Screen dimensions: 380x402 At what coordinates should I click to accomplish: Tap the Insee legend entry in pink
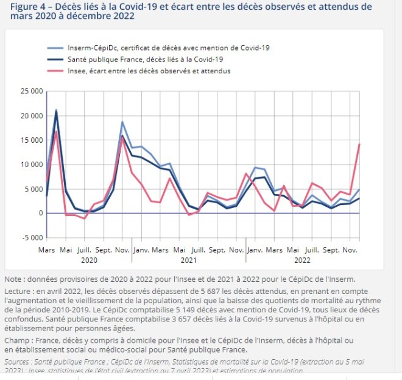pyautogui.click(x=152, y=71)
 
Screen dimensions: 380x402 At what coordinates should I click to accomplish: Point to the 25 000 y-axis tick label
pyautogui.click(x=31, y=91)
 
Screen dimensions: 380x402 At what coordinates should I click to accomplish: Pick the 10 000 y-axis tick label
pyautogui.click(x=31, y=165)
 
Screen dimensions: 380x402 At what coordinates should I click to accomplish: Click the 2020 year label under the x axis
pyautogui.click(x=89, y=260)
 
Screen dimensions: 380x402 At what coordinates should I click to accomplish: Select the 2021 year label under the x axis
pyautogui.click(x=189, y=260)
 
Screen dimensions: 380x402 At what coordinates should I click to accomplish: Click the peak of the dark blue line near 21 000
pyautogui.click(x=57, y=110)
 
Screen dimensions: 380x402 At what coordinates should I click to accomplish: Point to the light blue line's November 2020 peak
pyautogui.click(x=122, y=122)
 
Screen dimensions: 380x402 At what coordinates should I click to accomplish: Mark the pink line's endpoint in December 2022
pyautogui.click(x=359, y=144)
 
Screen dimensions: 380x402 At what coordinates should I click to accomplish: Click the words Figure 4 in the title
pyautogui.click(x=32, y=7)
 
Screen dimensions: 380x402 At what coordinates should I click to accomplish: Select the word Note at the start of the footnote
pyautogui.click(x=15, y=279)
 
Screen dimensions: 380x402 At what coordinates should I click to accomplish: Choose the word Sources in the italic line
pyautogui.click(x=19, y=362)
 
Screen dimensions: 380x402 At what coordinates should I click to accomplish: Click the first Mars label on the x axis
pyautogui.click(x=47, y=250)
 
